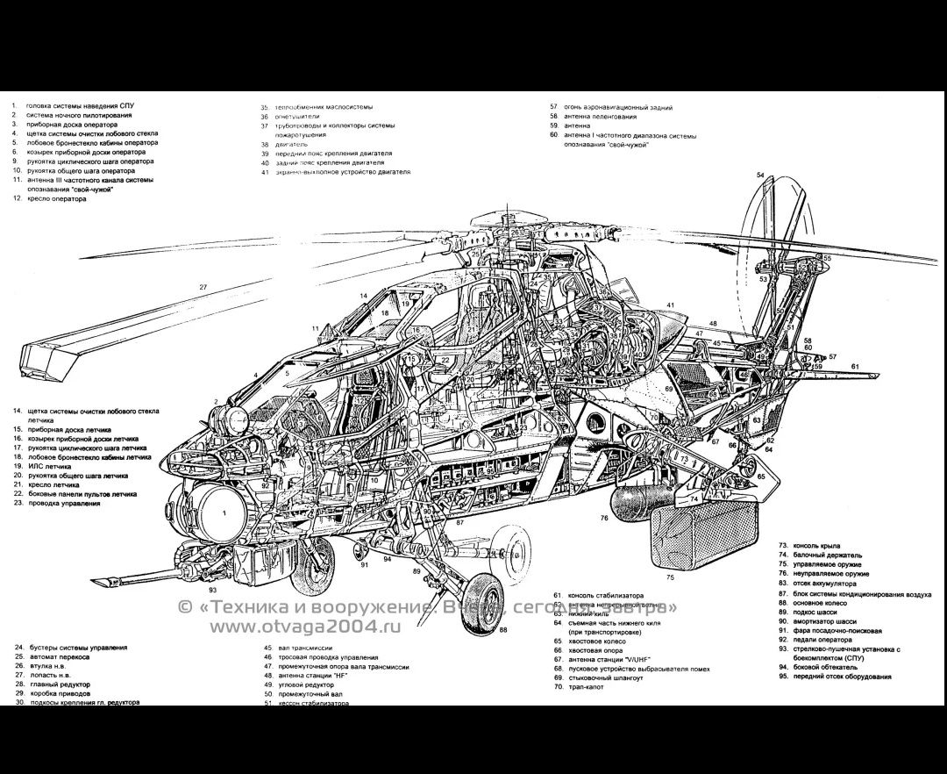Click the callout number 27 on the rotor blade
[x=203, y=287]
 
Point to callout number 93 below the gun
[x=212, y=590]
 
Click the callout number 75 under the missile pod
[x=670, y=577]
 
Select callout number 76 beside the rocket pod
[x=604, y=519]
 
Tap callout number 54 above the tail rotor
[x=760, y=175]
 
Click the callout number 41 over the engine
[x=669, y=305]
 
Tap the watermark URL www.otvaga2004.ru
[x=303, y=626]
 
